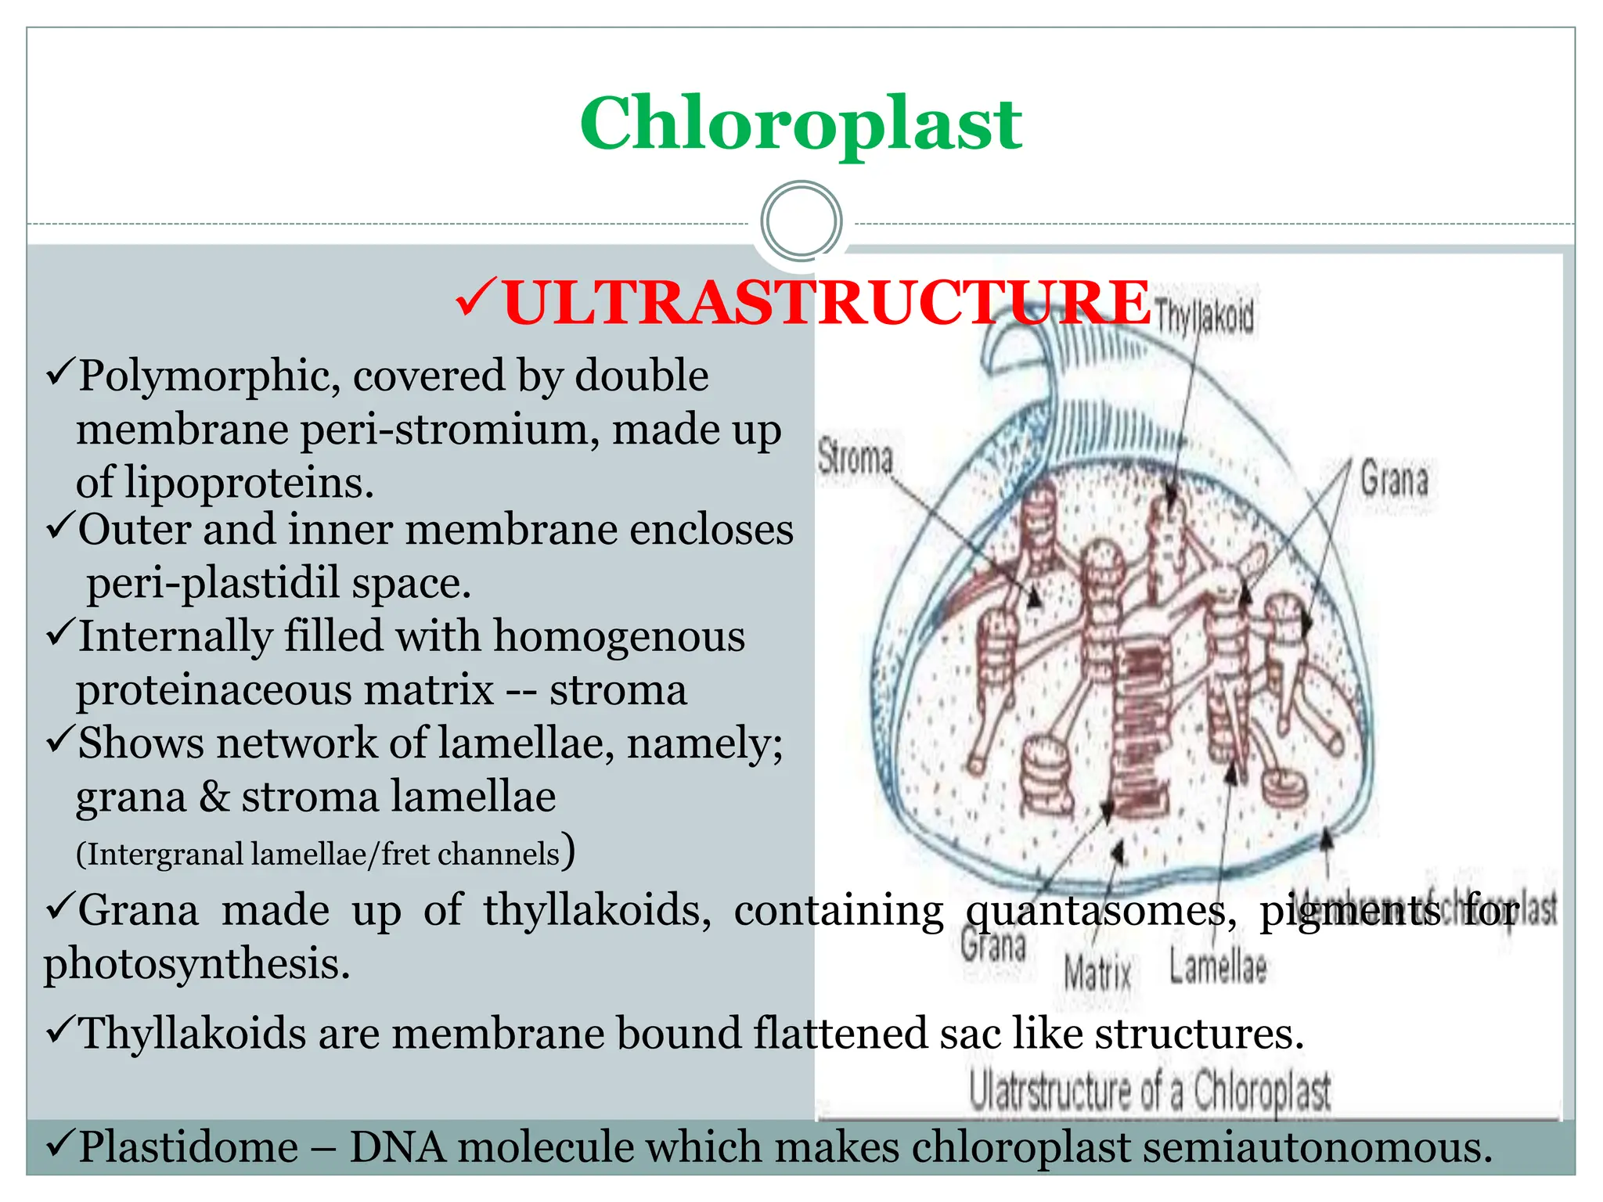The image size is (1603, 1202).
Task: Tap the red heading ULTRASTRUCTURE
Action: pos(827,303)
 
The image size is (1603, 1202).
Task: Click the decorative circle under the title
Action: pos(801,221)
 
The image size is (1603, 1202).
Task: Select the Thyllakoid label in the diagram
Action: pos(1204,317)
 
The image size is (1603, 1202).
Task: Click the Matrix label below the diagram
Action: pos(1097,973)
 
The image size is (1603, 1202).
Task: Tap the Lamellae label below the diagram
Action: pos(1218,967)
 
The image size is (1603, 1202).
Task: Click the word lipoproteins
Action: pos(249,482)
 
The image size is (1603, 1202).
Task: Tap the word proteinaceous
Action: pos(284,690)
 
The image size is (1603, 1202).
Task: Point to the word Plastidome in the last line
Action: pos(189,1147)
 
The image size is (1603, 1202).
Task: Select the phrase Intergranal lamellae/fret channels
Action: pos(319,854)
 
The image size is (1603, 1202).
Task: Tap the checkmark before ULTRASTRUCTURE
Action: pos(474,299)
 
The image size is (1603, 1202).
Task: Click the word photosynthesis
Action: pos(196,963)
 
